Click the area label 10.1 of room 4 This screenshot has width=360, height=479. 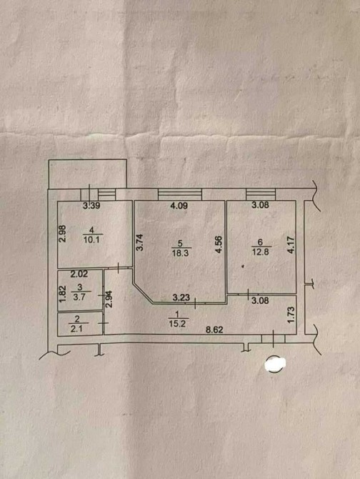coord(91,239)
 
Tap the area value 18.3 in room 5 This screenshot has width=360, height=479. coord(181,253)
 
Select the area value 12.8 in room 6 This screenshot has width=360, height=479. coord(261,252)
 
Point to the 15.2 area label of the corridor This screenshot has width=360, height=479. coord(177,324)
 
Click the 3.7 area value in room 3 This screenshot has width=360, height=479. coord(79,297)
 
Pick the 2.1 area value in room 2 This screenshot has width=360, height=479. coord(76,330)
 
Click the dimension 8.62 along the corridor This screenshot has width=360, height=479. coord(214,330)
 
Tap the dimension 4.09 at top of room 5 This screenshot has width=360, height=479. coord(179,206)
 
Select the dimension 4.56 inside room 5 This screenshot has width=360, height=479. coord(219,245)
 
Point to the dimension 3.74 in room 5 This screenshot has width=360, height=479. coord(140,242)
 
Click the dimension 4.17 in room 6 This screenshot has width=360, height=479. coord(291,245)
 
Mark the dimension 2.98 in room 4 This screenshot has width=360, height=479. coord(62,233)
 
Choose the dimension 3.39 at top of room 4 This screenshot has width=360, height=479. coord(91,206)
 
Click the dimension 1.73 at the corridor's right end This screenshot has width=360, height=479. coord(291,315)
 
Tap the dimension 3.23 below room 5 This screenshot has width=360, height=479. coord(181,297)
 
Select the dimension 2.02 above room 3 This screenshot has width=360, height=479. coord(79,274)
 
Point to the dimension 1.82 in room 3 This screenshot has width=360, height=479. coord(62,294)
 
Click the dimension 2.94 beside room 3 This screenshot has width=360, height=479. coord(109,299)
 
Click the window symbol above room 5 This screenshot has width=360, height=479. coord(180,194)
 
